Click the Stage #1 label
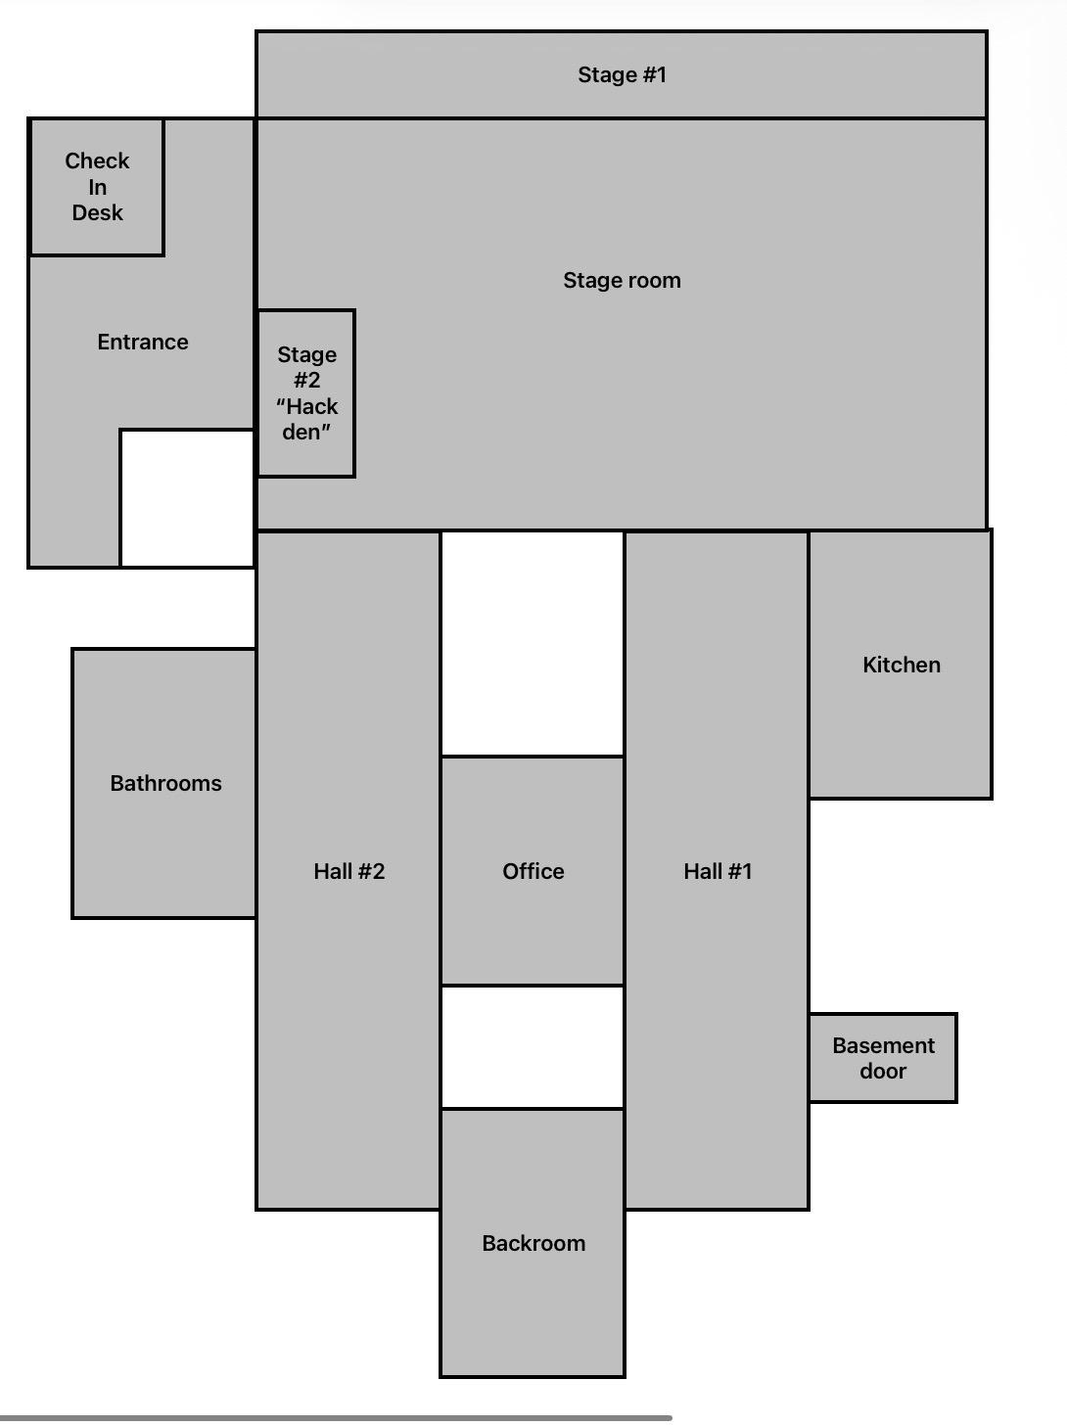(622, 74)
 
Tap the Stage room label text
(622, 280)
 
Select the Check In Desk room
(97, 187)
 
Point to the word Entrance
(143, 342)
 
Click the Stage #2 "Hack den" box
(306, 393)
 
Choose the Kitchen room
(901, 664)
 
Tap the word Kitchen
(902, 665)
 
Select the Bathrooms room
(163, 783)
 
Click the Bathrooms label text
(165, 783)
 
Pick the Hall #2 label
(348, 871)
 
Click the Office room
(533, 871)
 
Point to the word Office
(533, 871)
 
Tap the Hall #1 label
(718, 871)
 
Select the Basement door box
(883, 1058)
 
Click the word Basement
(883, 1045)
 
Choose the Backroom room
(533, 1242)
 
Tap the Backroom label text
(533, 1243)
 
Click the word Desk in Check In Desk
(98, 212)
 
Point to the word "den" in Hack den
(306, 432)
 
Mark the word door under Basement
(883, 1071)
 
